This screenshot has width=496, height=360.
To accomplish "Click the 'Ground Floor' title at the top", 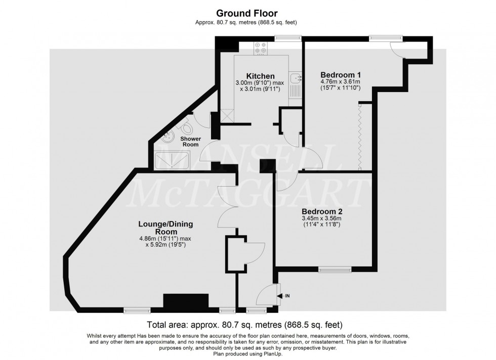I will pos(246,13).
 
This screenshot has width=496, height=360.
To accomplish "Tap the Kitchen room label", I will pos(261,76).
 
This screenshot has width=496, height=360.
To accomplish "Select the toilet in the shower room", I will pos(188,126).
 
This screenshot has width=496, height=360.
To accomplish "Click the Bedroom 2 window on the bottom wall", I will pos(335,270).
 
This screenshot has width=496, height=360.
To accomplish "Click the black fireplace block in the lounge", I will pos(186,301).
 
